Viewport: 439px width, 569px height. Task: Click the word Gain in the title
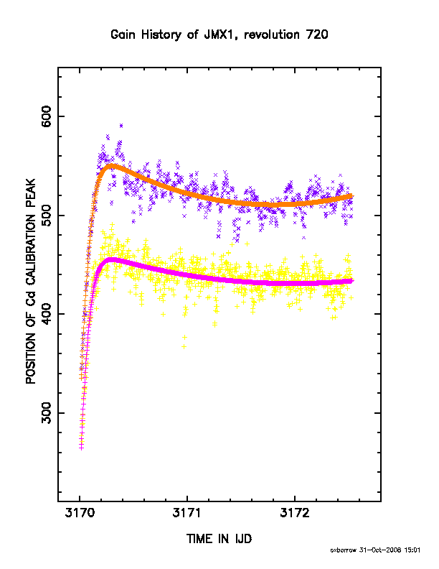(123, 34)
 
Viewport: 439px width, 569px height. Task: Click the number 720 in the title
(317, 34)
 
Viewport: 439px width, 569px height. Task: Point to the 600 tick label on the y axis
(47, 116)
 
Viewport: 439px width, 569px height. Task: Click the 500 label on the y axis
(47, 216)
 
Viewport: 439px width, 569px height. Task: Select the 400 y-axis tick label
(47, 314)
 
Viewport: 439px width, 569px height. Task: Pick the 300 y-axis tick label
(47, 413)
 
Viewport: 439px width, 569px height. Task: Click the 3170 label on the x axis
(80, 513)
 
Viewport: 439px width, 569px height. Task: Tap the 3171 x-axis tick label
(187, 513)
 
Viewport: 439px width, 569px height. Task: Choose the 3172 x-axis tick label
(295, 513)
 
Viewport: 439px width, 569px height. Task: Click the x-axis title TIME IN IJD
(219, 539)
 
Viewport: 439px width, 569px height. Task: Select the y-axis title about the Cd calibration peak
(31, 281)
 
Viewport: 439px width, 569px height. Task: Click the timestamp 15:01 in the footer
(413, 550)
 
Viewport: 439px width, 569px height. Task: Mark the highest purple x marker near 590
(121, 126)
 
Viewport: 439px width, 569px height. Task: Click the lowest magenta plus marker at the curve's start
(81, 448)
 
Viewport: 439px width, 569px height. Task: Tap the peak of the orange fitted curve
(112, 167)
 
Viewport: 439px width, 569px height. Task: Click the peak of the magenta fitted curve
(111, 260)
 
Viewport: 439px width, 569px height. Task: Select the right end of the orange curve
(351, 196)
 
